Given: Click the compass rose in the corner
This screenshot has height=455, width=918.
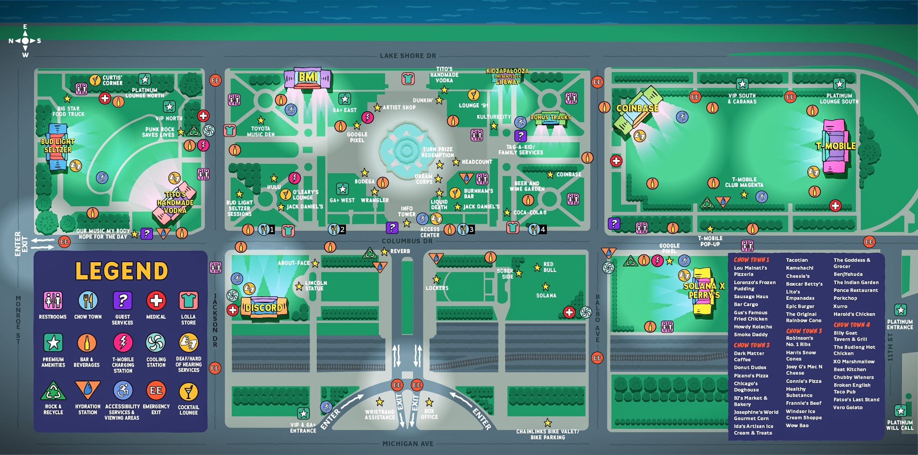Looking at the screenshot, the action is tap(25, 41).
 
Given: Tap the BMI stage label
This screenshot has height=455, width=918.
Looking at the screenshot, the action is tap(308, 77).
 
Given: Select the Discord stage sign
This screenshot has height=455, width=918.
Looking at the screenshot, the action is tap(263, 308).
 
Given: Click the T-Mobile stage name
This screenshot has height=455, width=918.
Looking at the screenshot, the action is tap(836, 146).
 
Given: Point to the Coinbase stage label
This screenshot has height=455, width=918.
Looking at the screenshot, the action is tap(637, 108).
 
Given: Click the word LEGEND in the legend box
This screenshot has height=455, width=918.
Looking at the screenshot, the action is tap(122, 271).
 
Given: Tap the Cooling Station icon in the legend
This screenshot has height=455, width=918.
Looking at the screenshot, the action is tap(155, 343).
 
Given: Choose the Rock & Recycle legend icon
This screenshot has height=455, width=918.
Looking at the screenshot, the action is tap(53, 390).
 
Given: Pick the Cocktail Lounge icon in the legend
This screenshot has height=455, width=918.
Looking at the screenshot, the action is tap(188, 392).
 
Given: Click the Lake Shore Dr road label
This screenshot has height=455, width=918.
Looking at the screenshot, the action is tap(408, 56).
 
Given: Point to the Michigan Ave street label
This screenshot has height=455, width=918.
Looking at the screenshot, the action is tap(408, 444).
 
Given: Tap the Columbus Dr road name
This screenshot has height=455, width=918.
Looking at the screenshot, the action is tap(407, 241).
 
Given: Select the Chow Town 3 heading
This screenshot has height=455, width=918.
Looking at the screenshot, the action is tap(804, 331).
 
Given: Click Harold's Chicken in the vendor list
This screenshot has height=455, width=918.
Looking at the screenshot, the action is tap(854, 314).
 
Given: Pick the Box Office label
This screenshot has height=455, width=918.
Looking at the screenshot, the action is tap(429, 414).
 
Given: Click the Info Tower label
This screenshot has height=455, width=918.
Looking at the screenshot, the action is tap(407, 212).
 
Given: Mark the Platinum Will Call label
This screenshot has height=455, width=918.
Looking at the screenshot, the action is tap(900, 425).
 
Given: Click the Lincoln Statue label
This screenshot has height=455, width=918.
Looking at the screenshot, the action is tap(316, 286).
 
